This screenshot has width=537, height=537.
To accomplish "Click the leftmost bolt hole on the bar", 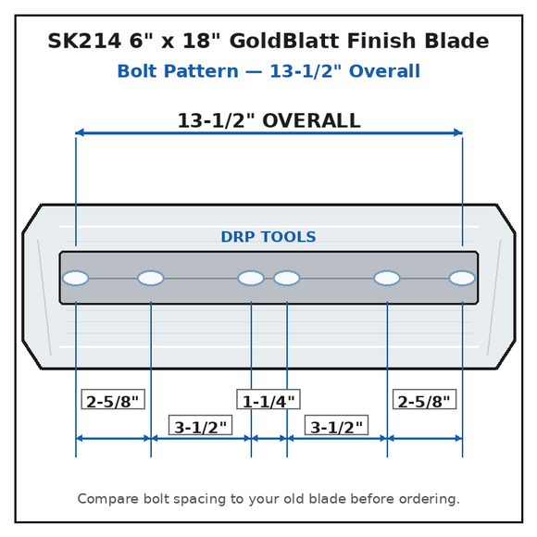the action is tap(76, 278).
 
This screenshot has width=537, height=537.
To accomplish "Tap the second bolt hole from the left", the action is tap(151, 278).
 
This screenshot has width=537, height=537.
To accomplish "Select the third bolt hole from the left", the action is tap(251, 278).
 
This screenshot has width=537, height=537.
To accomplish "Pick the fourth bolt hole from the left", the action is tap(287, 278).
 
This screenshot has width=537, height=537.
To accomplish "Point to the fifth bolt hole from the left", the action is tap(387, 278).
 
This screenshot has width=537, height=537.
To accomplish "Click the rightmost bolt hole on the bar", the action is tap(462, 278).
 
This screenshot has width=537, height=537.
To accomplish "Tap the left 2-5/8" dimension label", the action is tap(113, 399).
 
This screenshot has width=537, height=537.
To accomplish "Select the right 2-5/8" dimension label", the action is tap(424, 399).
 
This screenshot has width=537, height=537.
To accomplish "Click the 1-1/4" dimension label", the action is tap(268, 399).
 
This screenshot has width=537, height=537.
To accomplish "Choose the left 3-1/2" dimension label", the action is tap(200, 425).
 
